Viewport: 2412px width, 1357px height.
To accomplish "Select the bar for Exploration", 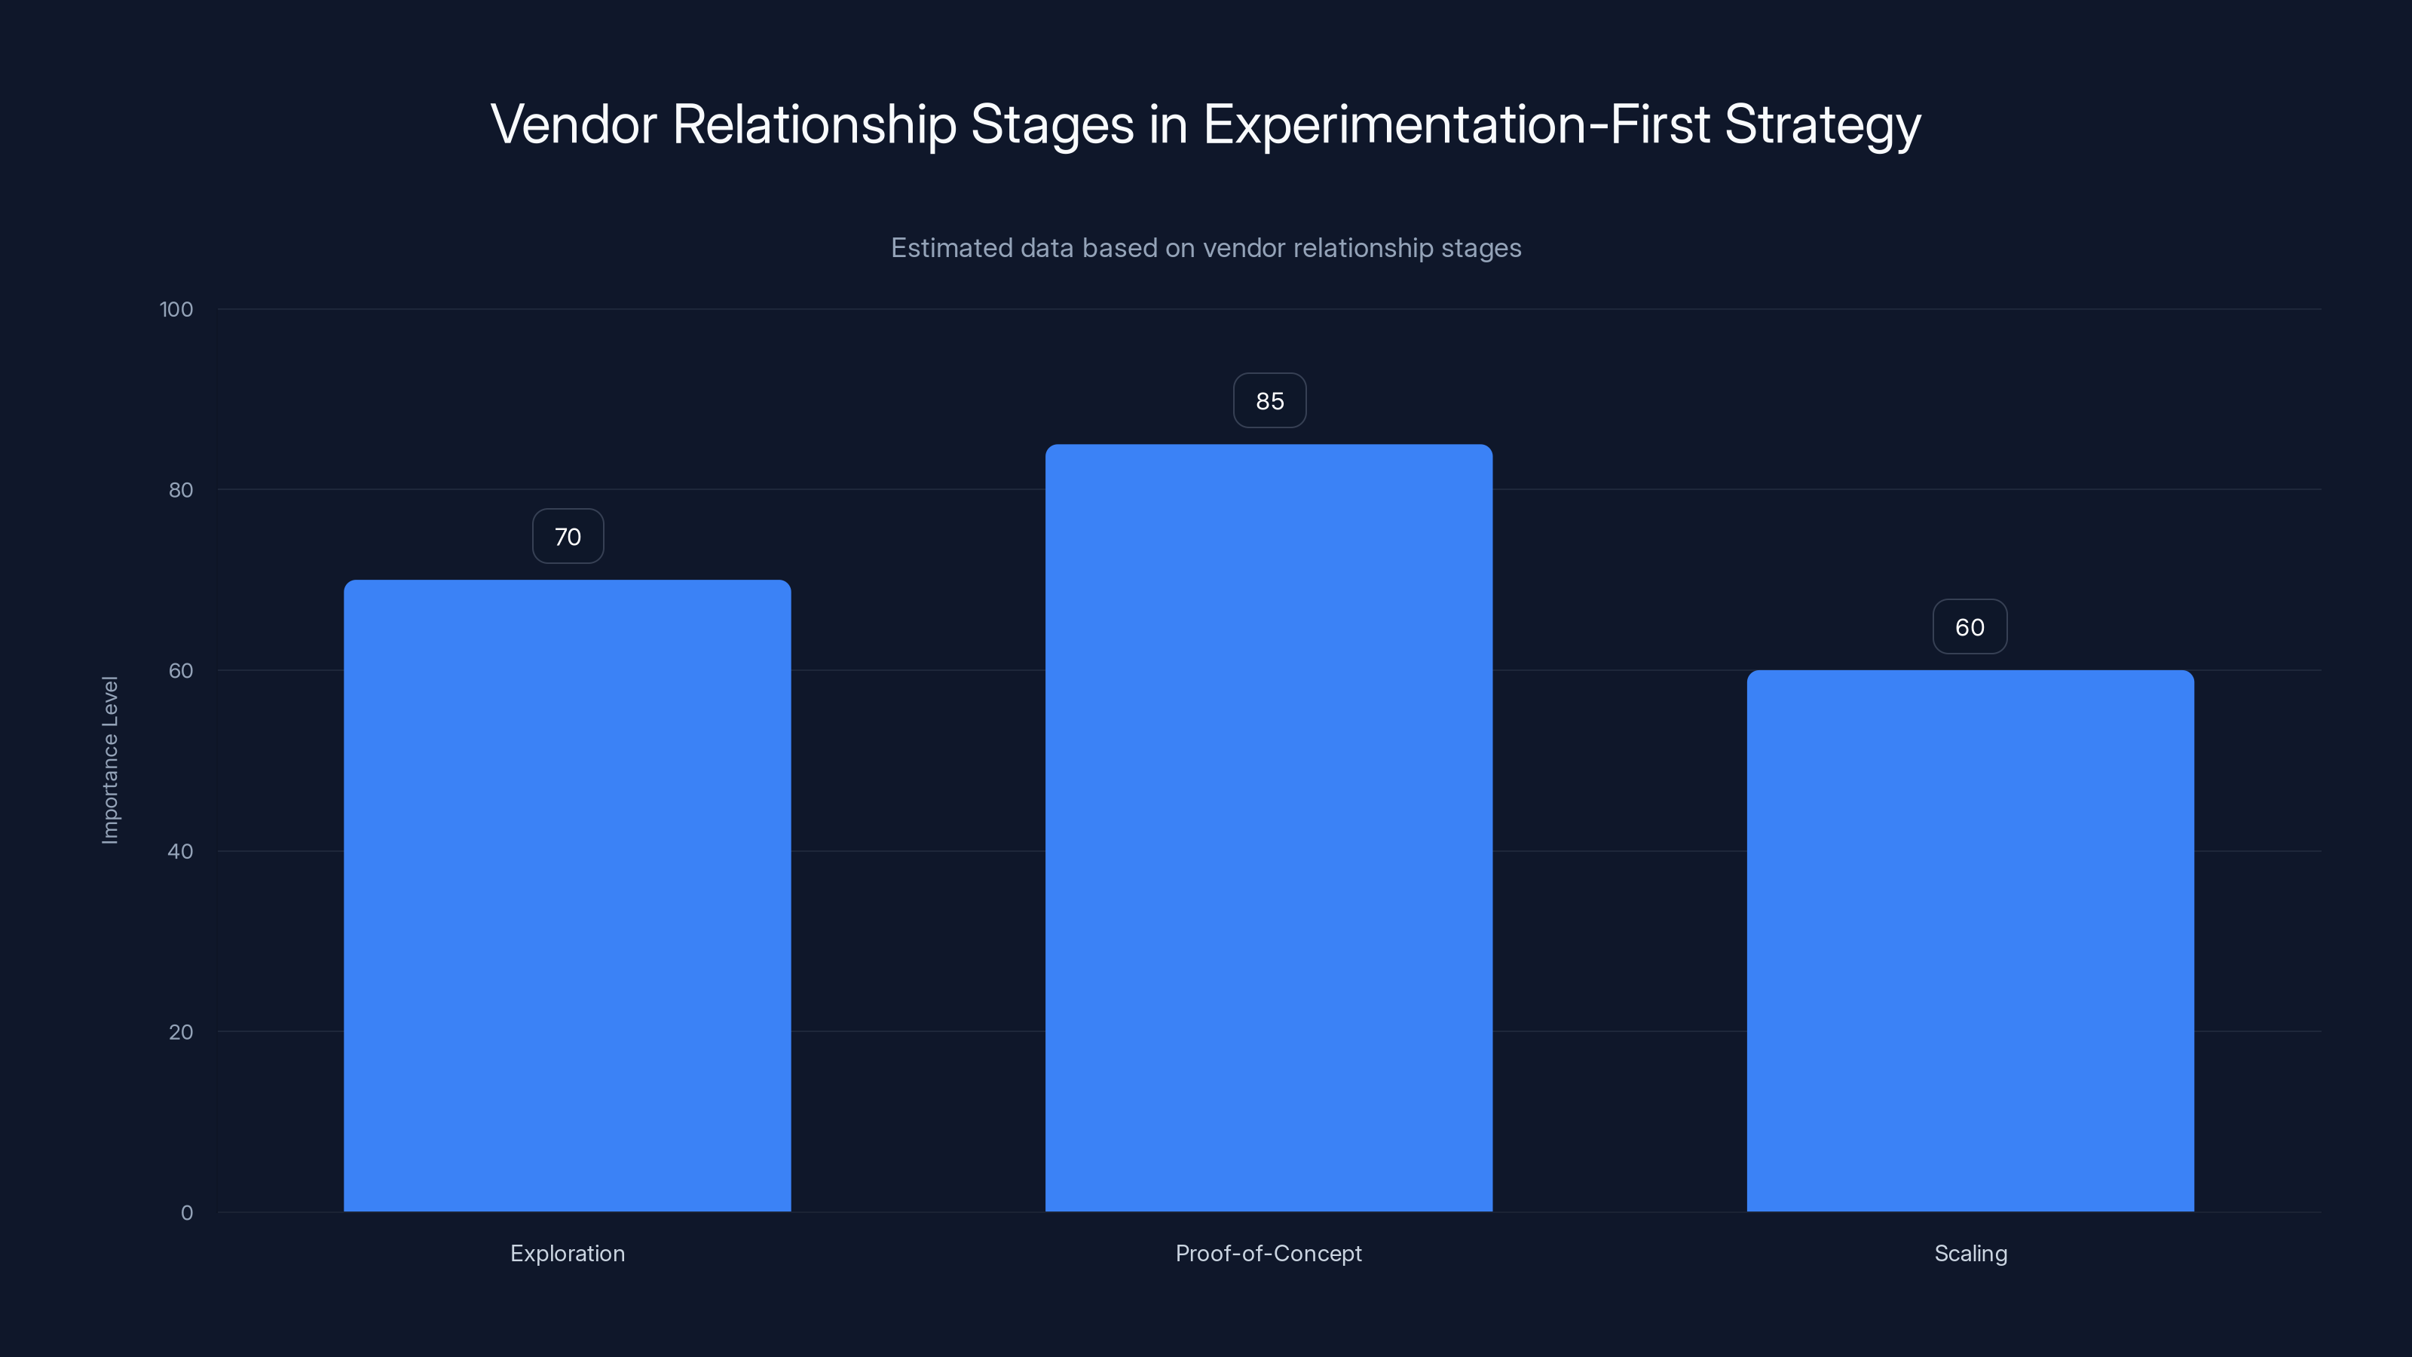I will click(x=568, y=896).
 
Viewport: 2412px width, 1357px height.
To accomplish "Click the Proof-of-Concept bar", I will click(x=1269, y=828).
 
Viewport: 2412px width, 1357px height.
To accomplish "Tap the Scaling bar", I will click(x=1970, y=940).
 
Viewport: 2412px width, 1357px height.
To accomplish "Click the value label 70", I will click(x=568, y=537).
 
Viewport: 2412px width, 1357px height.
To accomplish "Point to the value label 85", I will click(x=1269, y=401).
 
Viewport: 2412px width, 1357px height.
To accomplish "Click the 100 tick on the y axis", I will click(x=176, y=309).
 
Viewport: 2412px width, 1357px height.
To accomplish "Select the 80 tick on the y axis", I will click(x=181, y=490).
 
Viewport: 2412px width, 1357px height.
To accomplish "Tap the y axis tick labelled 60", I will click(x=181, y=670).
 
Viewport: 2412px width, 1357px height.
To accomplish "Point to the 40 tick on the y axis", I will click(x=181, y=851).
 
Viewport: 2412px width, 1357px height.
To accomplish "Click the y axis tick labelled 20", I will click(x=181, y=1032).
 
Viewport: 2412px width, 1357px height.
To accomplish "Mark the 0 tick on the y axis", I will click(x=187, y=1213).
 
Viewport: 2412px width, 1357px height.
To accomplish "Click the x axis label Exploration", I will click(x=568, y=1253).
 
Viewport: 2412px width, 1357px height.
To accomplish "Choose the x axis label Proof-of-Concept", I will click(x=1269, y=1253).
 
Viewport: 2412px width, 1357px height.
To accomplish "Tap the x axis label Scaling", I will click(x=1970, y=1253).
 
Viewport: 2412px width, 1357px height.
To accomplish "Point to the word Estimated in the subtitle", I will click(x=950, y=248).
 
